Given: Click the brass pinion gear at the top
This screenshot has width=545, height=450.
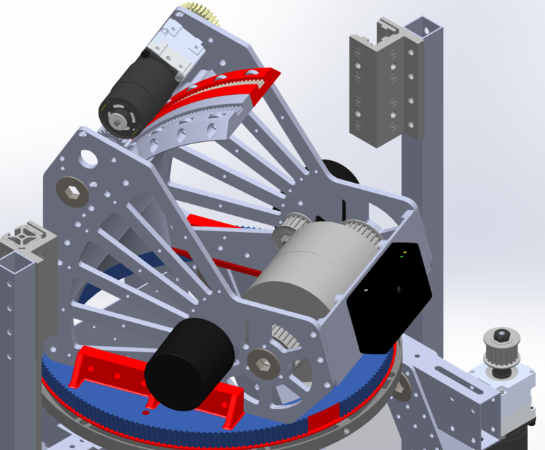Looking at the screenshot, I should [202, 13].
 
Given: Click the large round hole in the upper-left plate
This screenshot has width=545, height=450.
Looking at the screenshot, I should [89, 157].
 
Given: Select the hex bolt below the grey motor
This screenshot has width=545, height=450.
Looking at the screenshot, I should [262, 361].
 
